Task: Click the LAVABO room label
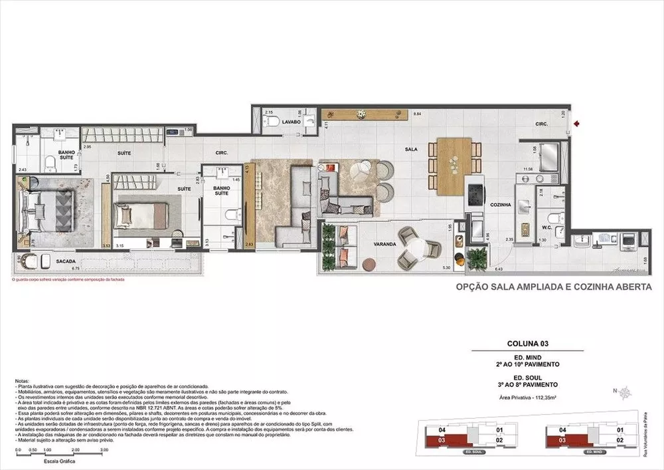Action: pyautogui.click(x=291, y=123)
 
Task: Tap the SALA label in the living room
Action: pyautogui.click(x=412, y=150)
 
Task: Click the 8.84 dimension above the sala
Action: pyautogui.click(x=417, y=114)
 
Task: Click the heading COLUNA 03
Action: pyautogui.click(x=527, y=344)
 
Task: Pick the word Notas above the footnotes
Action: pyautogui.click(x=22, y=382)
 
